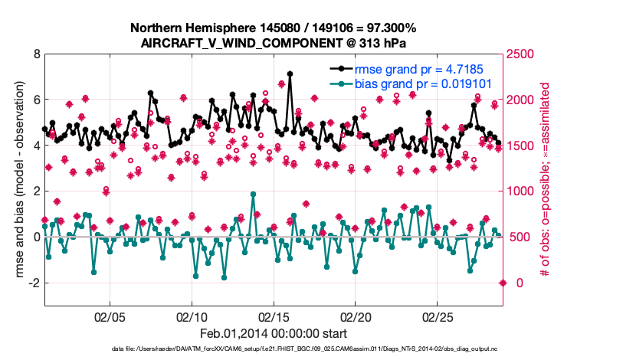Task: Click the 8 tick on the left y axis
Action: pyautogui.click(x=35, y=54)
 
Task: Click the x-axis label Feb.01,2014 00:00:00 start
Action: pyautogui.click(x=273, y=334)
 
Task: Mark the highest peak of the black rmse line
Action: pyautogui.click(x=290, y=74)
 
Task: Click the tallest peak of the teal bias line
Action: pyautogui.click(x=254, y=194)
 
